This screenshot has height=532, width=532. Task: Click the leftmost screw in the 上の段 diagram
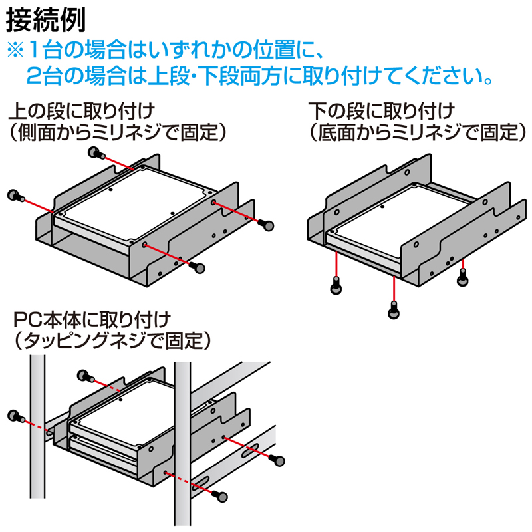pyautogui.click(x=15, y=196)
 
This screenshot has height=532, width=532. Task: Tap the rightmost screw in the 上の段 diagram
pyautogui.click(x=269, y=225)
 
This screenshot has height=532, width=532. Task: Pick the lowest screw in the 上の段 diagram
pyautogui.click(x=197, y=267)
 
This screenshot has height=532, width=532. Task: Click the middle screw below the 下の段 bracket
pyautogui.click(x=394, y=309)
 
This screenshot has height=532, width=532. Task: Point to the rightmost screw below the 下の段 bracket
pyautogui.click(x=463, y=279)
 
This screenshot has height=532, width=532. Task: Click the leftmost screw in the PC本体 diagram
pyautogui.click(x=15, y=417)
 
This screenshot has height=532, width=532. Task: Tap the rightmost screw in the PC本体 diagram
pyautogui.click(x=279, y=460)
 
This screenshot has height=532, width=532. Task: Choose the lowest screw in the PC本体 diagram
pyautogui.click(x=221, y=495)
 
